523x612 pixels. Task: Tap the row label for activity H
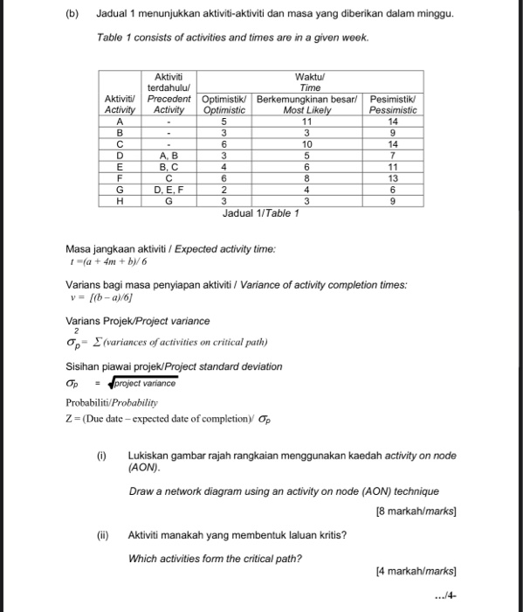click(x=119, y=199)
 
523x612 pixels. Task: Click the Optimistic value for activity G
click(x=224, y=188)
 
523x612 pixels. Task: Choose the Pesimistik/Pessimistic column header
click(x=394, y=105)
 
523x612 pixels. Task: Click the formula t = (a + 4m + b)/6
click(x=102, y=261)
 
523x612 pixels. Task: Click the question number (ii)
click(x=102, y=535)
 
